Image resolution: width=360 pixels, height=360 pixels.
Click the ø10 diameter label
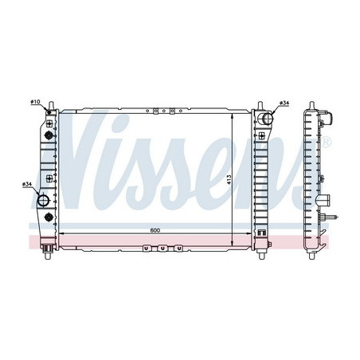[35, 102]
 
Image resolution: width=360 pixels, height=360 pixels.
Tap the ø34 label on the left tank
[27, 185]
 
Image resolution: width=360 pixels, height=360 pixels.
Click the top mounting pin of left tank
[51, 105]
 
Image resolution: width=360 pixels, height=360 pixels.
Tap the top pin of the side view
[311, 106]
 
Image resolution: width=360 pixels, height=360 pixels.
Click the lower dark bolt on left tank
[49, 217]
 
